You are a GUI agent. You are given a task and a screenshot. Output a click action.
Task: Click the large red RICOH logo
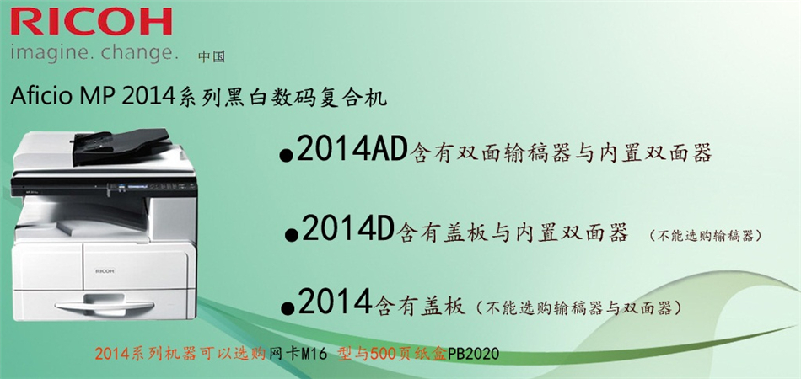91,22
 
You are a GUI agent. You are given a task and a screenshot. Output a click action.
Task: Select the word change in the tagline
139,54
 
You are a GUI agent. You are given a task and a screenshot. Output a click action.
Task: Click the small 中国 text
212,57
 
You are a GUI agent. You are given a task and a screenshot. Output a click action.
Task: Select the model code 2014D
347,230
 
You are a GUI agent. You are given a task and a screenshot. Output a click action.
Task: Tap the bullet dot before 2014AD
287,156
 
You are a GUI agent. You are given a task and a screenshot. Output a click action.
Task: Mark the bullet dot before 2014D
292,235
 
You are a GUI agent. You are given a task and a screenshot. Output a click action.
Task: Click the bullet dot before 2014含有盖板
288,307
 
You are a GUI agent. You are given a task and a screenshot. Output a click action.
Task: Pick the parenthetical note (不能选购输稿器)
707,235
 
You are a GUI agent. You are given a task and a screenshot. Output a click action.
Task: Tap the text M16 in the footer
314,354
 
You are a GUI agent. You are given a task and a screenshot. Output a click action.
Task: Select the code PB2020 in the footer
474,354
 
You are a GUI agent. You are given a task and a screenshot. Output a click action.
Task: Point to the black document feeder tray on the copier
121,146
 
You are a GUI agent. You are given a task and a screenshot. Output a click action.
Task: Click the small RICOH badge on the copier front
105,271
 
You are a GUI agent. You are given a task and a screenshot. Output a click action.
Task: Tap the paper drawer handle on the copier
105,306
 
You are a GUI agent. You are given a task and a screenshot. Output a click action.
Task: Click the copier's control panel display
136,187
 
